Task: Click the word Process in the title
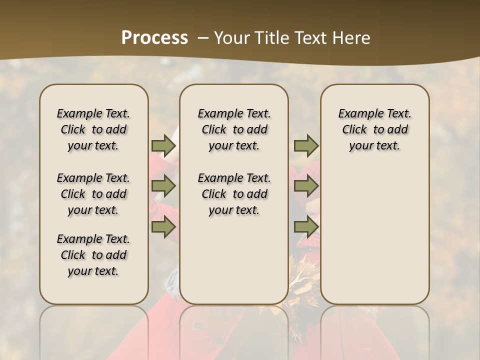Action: point(154,37)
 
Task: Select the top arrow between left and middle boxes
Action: point(163,145)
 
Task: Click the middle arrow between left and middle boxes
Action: point(163,186)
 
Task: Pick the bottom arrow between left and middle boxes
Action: point(163,227)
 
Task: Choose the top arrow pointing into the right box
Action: point(306,145)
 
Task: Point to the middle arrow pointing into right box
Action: point(306,186)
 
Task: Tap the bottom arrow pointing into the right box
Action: point(306,227)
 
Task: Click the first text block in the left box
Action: point(93,129)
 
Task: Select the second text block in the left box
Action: point(93,194)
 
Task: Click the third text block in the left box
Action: point(93,255)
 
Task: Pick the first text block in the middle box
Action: point(234,129)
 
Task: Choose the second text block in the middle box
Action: point(234,194)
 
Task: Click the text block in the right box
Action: point(374,129)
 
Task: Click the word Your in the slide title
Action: point(229,37)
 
